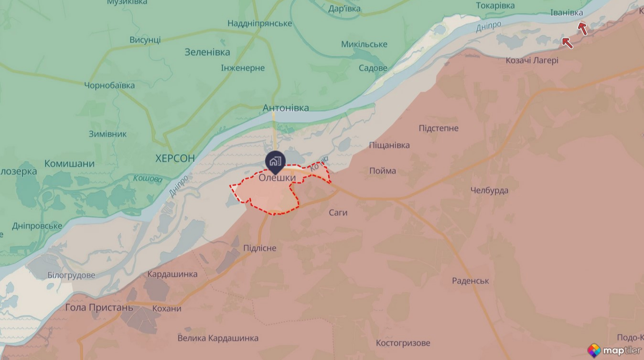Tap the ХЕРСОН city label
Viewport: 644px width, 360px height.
(x=175, y=159)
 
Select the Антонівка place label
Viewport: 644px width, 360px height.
(x=286, y=108)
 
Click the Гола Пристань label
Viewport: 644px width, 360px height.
(x=99, y=307)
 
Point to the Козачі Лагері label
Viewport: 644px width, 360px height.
(x=532, y=61)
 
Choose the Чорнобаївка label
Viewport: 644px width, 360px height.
(x=109, y=85)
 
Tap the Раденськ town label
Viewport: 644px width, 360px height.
(x=470, y=281)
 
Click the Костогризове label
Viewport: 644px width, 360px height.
(x=403, y=343)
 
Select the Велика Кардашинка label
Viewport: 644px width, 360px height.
(x=218, y=338)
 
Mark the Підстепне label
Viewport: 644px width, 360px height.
(x=438, y=128)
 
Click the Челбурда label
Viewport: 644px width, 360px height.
(x=489, y=191)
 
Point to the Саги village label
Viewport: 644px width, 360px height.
(x=338, y=212)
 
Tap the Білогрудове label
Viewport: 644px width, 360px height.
(x=71, y=275)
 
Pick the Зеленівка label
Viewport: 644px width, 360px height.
(x=207, y=53)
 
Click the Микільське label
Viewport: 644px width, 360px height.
(x=364, y=44)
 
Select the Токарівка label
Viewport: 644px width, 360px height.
(x=495, y=6)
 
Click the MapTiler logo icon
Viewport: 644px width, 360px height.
(x=594, y=350)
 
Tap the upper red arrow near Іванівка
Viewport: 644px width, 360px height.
(x=582, y=29)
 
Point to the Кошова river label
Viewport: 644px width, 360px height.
(x=148, y=179)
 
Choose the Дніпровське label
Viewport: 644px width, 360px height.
(x=37, y=226)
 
